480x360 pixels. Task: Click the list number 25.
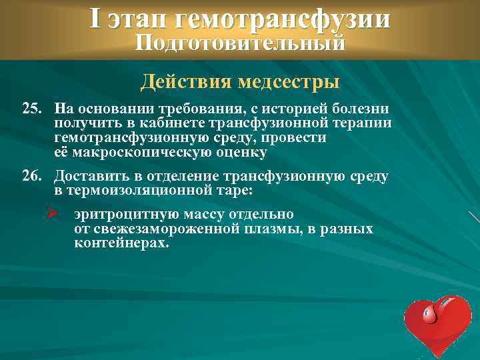33,109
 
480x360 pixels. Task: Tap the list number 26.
33,176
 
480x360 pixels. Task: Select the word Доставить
87,176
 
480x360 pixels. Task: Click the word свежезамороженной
167,229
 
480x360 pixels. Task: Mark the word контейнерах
122,243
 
